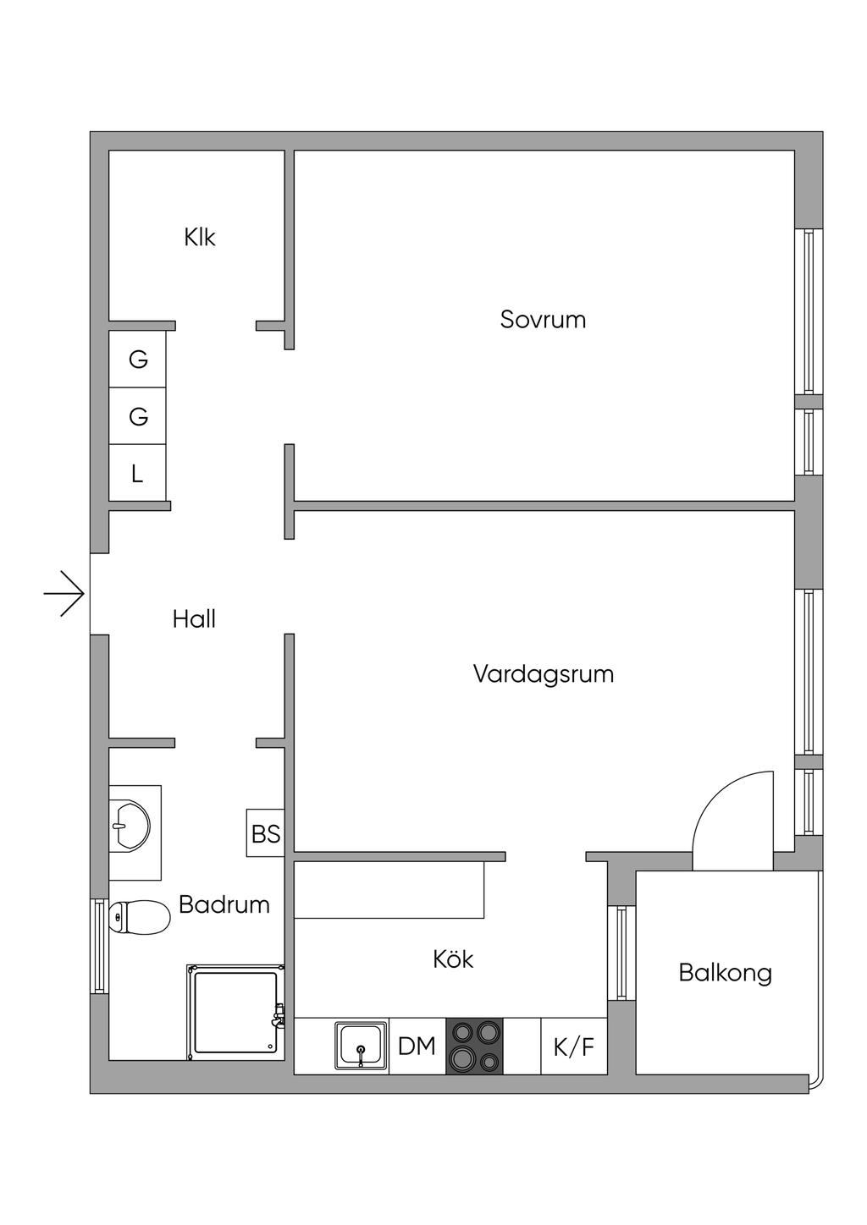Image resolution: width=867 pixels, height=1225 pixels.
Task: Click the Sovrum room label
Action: pyautogui.click(x=543, y=320)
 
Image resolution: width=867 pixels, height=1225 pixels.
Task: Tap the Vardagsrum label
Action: pyautogui.click(x=543, y=673)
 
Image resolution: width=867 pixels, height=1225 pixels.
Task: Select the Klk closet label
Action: pyautogui.click(x=199, y=238)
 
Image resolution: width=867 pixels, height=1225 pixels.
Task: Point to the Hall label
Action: pyautogui.click(x=194, y=619)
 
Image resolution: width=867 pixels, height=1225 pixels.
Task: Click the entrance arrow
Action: pyautogui.click(x=64, y=593)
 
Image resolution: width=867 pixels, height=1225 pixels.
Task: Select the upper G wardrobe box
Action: pyautogui.click(x=137, y=360)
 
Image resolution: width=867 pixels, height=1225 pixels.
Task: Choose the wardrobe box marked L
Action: pyautogui.click(x=137, y=473)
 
